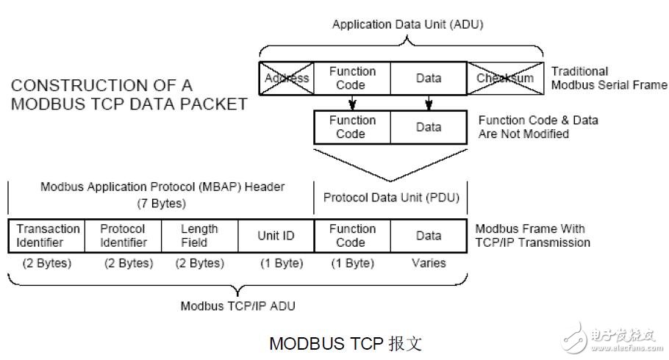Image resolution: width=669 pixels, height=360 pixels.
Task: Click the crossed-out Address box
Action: [287, 78]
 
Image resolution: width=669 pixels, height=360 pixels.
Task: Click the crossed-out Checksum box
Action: [504, 78]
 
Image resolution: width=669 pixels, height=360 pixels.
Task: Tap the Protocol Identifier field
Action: [124, 235]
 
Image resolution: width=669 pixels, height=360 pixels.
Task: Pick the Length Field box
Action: [198, 235]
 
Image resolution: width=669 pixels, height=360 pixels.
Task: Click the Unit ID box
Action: [276, 236]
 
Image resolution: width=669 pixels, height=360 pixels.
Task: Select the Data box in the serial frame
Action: [429, 78]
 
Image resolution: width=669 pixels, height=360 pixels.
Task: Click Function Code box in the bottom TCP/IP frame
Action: [351, 235]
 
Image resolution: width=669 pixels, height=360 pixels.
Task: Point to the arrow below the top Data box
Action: [429, 102]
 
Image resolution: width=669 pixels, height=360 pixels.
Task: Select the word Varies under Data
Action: [429, 263]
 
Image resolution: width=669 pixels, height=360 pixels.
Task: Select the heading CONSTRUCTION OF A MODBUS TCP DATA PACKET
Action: [129, 95]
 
